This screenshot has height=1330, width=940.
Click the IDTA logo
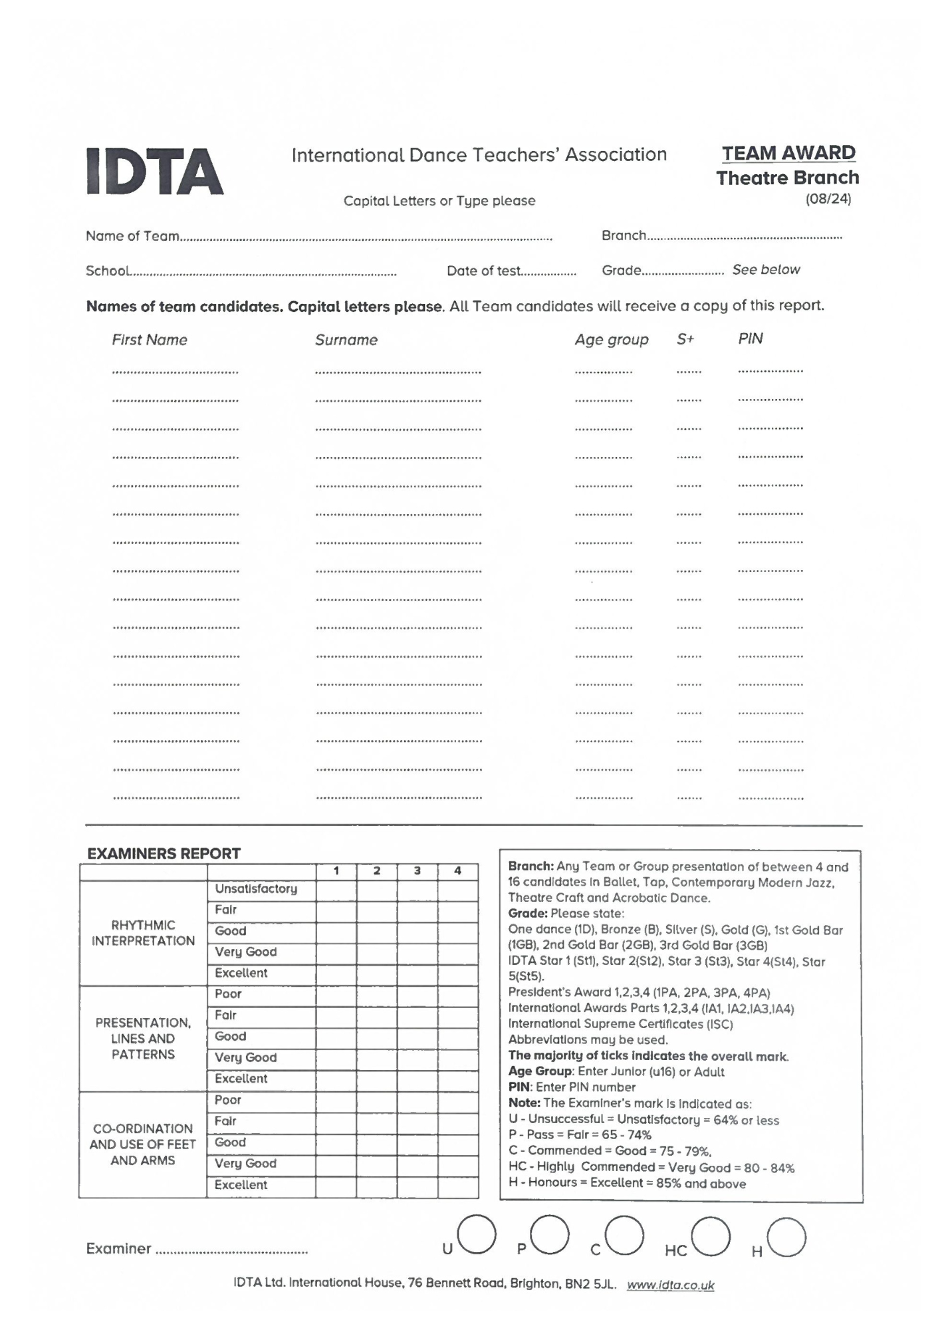(x=155, y=172)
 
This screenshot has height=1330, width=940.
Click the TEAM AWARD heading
(x=788, y=154)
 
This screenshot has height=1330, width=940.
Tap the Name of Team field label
(x=132, y=236)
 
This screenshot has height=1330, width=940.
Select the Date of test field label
(x=483, y=271)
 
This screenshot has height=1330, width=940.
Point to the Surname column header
(x=346, y=340)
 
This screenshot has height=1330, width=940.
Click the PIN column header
(x=750, y=338)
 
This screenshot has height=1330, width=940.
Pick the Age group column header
(x=611, y=340)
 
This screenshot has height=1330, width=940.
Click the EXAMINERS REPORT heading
(x=164, y=853)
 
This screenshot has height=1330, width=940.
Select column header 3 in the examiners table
(x=417, y=870)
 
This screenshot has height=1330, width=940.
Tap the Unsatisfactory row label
(x=256, y=889)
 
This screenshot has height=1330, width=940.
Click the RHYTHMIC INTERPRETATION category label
(x=143, y=932)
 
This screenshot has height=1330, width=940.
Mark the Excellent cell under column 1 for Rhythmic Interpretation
(x=336, y=974)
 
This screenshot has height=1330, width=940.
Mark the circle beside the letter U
(x=476, y=1234)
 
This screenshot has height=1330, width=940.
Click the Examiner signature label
(x=118, y=1249)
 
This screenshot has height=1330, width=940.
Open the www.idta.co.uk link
(x=670, y=1285)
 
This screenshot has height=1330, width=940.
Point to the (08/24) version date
(x=828, y=199)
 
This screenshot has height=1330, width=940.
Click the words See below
(x=766, y=270)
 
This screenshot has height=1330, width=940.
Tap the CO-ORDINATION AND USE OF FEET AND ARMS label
(x=143, y=1144)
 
